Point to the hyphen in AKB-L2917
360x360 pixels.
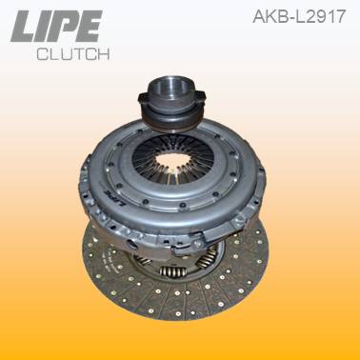286,17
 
